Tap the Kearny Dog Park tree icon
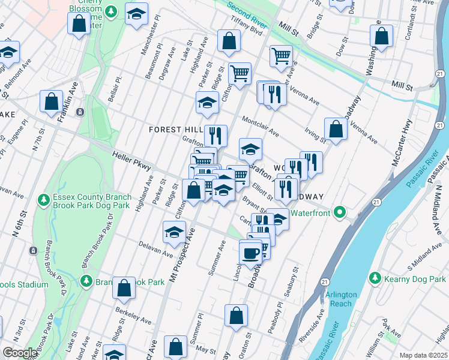coord(375,278)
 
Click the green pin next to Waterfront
coord(340,212)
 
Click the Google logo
coord(20,353)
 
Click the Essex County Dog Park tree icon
coord(43,199)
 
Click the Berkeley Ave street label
coord(130,315)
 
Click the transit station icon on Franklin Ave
coord(79,112)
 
